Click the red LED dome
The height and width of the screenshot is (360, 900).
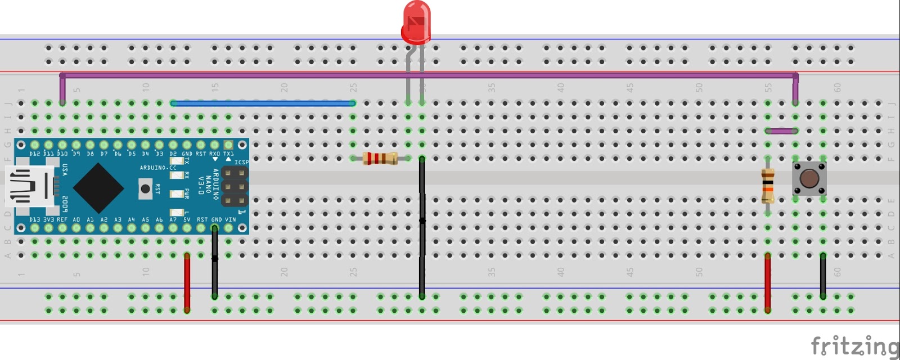point(417,21)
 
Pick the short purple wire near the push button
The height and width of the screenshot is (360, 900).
point(781,131)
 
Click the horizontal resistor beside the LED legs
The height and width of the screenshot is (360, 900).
point(380,159)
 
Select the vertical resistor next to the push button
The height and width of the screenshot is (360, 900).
point(768,186)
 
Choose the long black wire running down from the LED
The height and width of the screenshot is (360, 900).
point(422,225)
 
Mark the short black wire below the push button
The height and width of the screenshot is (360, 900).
point(823,276)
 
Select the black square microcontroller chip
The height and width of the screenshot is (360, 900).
point(98,188)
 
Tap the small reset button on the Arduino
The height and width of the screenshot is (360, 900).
point(146,188)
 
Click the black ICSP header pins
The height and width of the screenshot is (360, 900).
point(235,187)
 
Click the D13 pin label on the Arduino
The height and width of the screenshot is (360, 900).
point(35,220)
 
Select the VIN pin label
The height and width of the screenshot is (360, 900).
point(231,220)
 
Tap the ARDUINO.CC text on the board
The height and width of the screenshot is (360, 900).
point(158,168)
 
